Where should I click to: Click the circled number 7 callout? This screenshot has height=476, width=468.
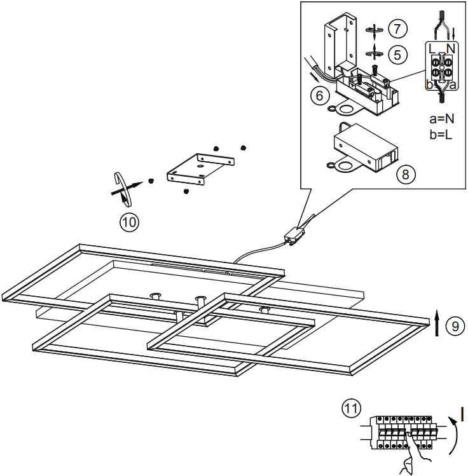(397, 29)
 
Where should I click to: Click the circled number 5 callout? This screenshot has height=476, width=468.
(397, 54)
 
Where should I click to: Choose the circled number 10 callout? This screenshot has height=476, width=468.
(129, 222)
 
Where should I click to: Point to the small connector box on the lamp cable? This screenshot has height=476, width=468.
(294, 236)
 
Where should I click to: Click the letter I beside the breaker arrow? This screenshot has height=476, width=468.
(462, 414)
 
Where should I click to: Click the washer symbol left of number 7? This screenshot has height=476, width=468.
(375, 30)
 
